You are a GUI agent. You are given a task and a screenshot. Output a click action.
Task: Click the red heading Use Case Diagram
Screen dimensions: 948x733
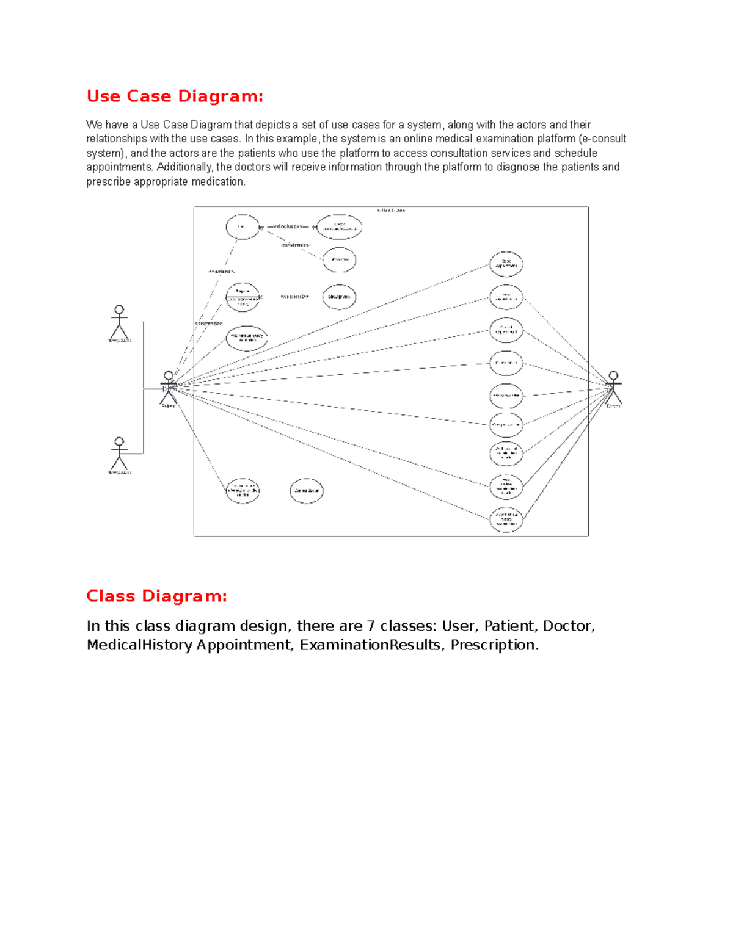pyautogui.click(x=175, y=96)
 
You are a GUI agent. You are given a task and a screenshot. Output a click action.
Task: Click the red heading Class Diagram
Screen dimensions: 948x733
pyautogui.click(x=156, y=596)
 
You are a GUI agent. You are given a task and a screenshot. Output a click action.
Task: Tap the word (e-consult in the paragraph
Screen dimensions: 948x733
pyautogui.click(x=602, y=139)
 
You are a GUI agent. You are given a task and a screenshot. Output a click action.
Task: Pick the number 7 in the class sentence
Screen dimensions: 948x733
pyautogui.click(x=370, y=626)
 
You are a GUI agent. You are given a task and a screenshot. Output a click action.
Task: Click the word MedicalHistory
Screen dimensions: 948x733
pyautogui.click(x=139, y=645)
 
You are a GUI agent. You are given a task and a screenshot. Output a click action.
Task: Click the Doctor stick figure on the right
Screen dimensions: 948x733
pyautogui.click(x=613, y=388)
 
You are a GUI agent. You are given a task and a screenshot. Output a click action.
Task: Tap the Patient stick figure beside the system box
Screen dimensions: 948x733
pyautogui.click(x=168, y=388)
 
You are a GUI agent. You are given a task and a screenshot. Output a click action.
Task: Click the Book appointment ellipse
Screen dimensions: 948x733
pyautogui.click(x=506, y=264)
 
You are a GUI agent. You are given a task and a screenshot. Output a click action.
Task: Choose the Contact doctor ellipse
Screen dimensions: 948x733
pyautogui.click(x=306, y=491)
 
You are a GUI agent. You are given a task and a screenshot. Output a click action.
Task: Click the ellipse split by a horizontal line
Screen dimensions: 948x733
pyautogui.click(x=243, y=297)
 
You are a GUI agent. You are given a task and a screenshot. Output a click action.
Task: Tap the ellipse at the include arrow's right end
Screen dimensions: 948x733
pyautogui.click(x=339, y=227)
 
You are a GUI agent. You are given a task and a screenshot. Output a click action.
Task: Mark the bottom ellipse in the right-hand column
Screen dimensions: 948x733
pyautogui.click(x=506, y=519)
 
